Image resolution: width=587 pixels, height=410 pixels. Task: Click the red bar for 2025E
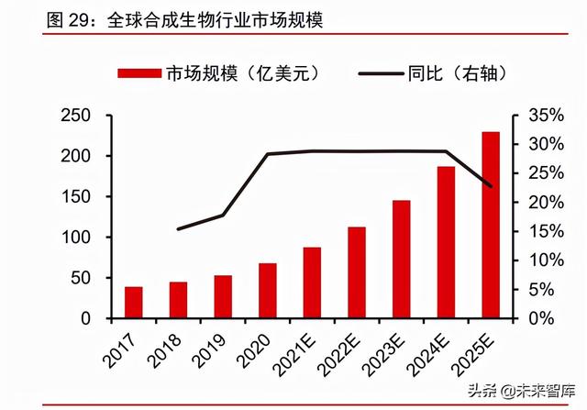pos(491,225)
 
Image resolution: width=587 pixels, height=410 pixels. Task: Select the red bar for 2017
pos(134,302)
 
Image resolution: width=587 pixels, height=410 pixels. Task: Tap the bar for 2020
pos(268,290)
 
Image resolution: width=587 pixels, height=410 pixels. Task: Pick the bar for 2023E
pos(402,259)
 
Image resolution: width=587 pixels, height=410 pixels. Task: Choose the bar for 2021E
pos(312,283)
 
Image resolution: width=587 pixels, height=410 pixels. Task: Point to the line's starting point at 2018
pos(179,228)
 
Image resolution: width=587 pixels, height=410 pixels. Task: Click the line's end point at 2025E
pos(491,187)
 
